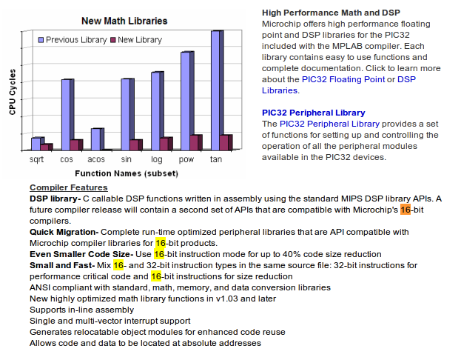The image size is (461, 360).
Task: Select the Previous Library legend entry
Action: (76, 39)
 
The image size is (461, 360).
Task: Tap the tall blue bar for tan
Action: (215, 89)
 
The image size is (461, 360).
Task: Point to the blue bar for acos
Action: (96, 139)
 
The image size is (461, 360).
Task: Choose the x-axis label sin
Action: (127, 159)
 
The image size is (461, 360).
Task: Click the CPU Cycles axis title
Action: (12, 92)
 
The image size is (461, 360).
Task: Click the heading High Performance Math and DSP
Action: (331, 13)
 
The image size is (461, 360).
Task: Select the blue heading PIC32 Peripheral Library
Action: (314, 113)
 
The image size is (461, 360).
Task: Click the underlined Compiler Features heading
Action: (68, 188)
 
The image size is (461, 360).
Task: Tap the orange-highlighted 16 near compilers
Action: (405, 210)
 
